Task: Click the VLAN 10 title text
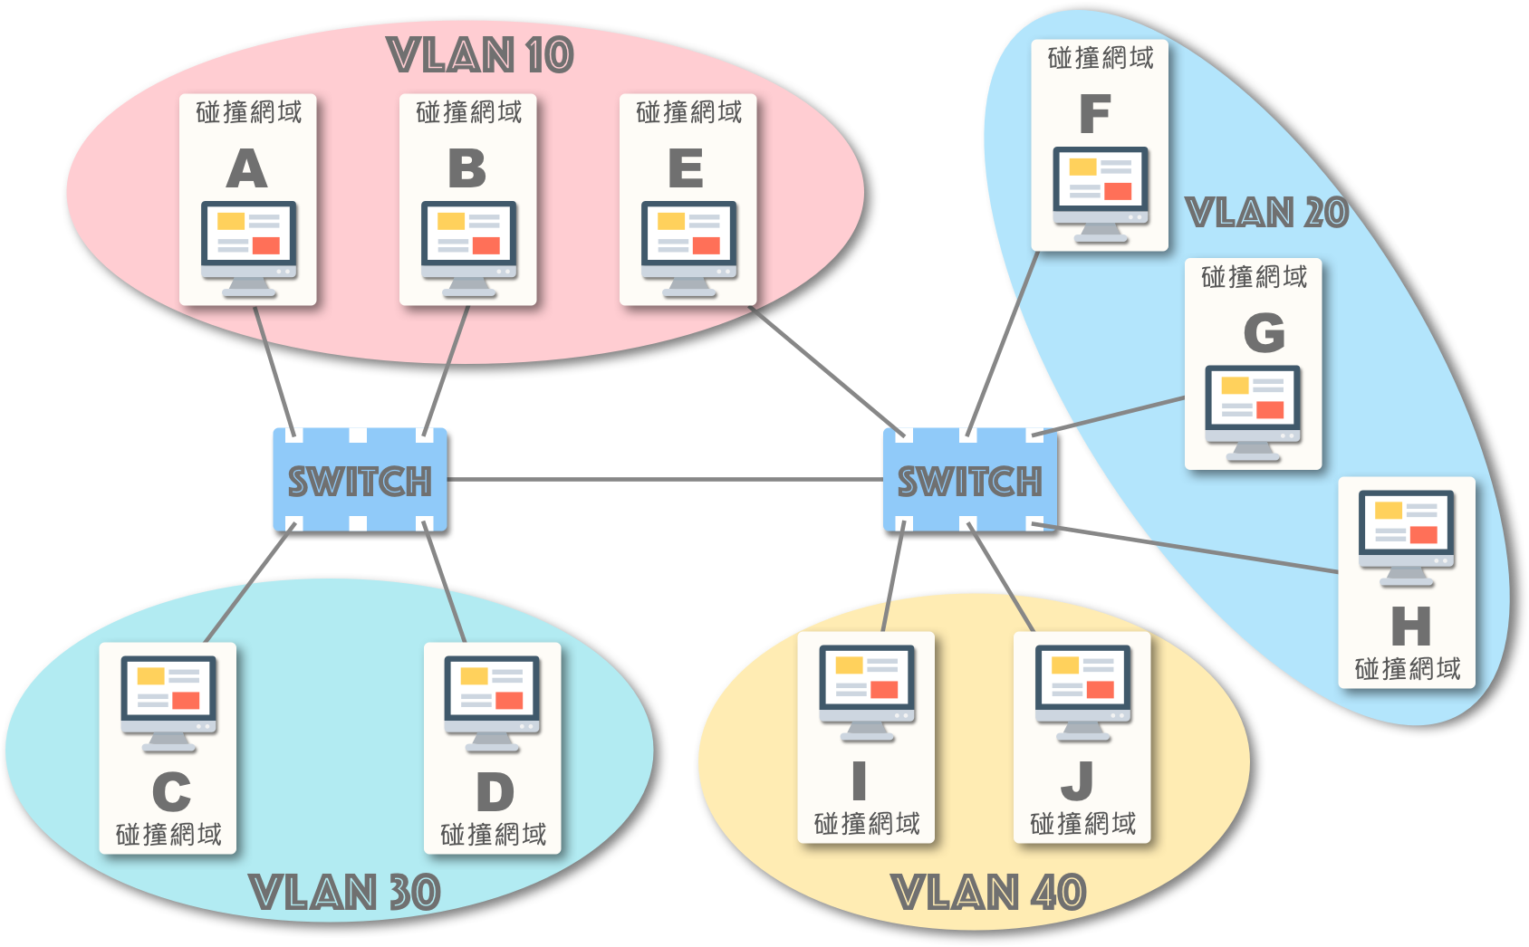coord(480,55)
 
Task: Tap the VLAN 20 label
coord(1267,213)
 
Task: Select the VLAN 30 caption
coord(345,893)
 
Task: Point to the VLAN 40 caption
coord(989,893)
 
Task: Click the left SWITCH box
coord(360,480)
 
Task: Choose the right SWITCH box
coord(969,480)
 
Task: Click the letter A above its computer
coord(247,169)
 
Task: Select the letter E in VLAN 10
coord(686,169)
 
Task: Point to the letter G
coord(1265,333)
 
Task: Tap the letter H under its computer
coord(1410,627)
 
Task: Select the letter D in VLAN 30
coord(495,793)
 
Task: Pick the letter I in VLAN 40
coord(860,781)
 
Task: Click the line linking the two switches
coord(665,479)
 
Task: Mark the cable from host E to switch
coord(824,369)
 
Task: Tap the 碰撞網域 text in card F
coord(1101,59)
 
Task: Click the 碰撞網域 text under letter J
coord(1083,824)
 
